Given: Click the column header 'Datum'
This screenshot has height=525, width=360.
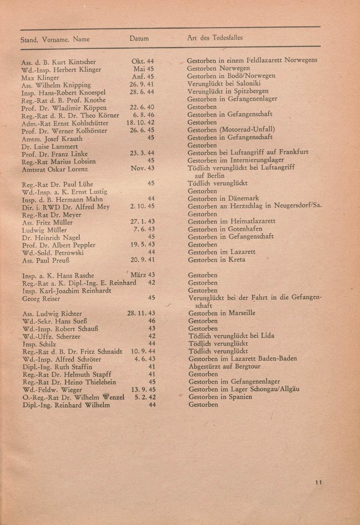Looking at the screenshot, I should [139, 39].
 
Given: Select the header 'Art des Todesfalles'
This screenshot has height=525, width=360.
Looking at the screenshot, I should [215, 38].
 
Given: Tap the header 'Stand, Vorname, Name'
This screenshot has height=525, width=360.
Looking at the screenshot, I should [55, 40].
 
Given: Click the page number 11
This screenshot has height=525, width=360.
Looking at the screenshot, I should [318, 483].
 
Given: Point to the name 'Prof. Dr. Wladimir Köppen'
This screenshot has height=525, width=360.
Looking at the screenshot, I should [64, 108].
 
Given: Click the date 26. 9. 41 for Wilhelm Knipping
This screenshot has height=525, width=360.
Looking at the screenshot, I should [142, 84].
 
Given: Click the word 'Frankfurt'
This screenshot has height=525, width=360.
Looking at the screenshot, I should [293, 152].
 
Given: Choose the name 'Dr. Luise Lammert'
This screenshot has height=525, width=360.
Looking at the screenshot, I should [50, 146].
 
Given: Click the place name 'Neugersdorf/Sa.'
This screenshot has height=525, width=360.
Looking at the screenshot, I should [298, 206].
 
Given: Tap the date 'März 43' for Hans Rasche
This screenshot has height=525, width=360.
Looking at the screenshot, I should [143, 275].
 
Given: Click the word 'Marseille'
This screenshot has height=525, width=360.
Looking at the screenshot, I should [242, 313].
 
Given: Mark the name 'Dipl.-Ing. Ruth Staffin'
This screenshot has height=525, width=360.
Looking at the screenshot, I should [57, 367].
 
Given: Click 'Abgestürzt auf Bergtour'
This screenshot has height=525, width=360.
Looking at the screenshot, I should [224, 367].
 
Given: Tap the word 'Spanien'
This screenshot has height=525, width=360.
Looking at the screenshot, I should [240, 397].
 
